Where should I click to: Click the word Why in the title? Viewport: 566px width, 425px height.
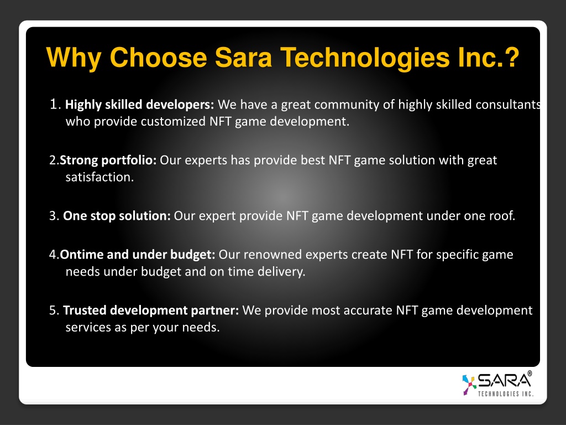[74, 58]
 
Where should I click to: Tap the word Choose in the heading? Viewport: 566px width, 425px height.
[158, 58]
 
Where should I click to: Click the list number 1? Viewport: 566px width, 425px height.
[54, 105]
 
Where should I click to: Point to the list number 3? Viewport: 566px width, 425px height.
[53, 216]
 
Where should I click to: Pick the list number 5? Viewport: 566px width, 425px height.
[53, 310]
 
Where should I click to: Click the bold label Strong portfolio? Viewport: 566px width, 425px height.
[108, 160]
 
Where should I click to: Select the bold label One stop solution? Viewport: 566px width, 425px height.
[117, 216]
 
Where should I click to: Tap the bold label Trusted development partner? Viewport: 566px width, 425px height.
[151, 310]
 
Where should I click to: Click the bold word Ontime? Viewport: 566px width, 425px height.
[82, 255]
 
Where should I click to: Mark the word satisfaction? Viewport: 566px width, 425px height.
[99, 177]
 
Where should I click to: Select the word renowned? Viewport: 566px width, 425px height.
[272, 255]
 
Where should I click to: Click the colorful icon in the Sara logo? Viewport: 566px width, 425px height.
[469, 385]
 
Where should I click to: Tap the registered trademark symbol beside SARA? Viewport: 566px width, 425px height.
[530, 374]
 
